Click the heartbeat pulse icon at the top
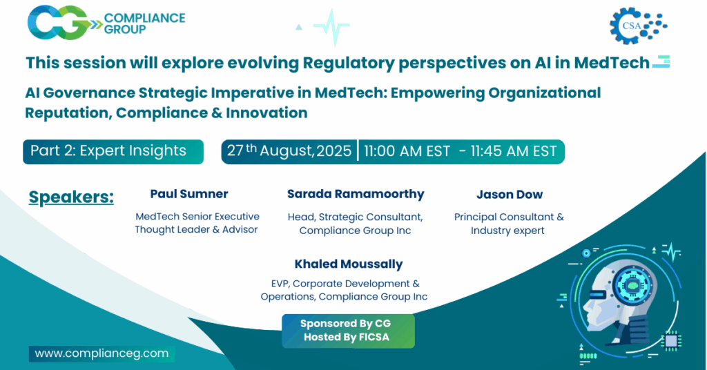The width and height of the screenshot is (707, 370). [331, 26]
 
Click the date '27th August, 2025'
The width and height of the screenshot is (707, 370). [289, 151]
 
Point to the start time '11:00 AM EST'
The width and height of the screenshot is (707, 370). [407, 151]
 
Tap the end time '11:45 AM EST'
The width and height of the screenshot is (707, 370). [514, 151]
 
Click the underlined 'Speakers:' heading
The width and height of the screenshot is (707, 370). [71, 197]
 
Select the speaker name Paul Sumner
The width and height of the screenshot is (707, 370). [188, 194]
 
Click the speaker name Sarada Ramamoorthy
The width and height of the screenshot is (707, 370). [355, 194]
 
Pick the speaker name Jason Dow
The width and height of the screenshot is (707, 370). [509, 194]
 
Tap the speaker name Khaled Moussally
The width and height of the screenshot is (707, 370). [348, 264]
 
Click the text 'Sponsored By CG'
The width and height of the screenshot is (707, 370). [347, 324]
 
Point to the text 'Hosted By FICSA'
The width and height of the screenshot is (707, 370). [347, 337]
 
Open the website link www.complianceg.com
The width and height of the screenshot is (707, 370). [101, 353]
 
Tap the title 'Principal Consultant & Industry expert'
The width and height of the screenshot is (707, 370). [509, 224]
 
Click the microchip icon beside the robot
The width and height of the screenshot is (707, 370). [670, 340]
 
